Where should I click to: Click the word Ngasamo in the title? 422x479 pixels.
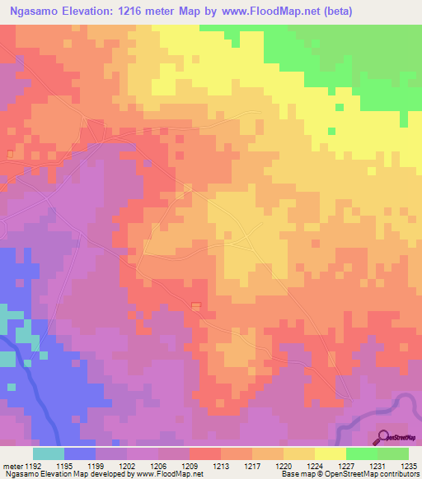[34, 12]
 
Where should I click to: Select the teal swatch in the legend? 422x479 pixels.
[49, 453]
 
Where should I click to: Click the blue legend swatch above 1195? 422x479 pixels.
[80, 453]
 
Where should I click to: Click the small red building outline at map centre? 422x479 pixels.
[196, 306]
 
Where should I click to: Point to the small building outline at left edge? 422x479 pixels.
[10, 153]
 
